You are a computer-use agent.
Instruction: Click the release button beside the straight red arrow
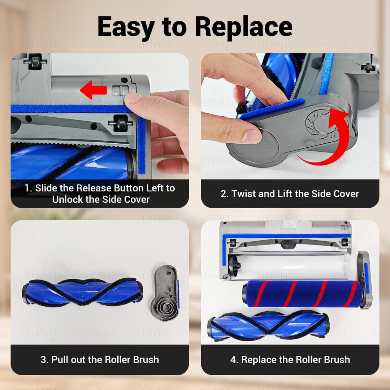121,90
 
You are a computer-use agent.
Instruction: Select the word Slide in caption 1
46,188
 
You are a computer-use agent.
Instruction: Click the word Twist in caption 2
244,194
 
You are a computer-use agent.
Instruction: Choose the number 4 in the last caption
233,360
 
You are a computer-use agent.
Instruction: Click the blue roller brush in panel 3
83,292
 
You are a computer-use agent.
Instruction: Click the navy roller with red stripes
303,294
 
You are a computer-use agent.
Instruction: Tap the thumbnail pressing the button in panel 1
133,98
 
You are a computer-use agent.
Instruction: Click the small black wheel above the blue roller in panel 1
120,123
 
